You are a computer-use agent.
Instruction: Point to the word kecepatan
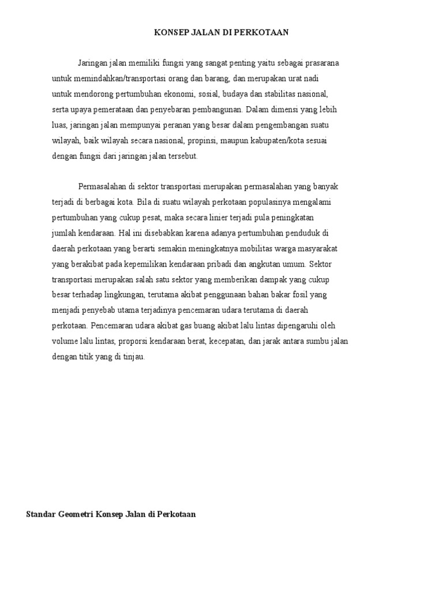225,341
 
